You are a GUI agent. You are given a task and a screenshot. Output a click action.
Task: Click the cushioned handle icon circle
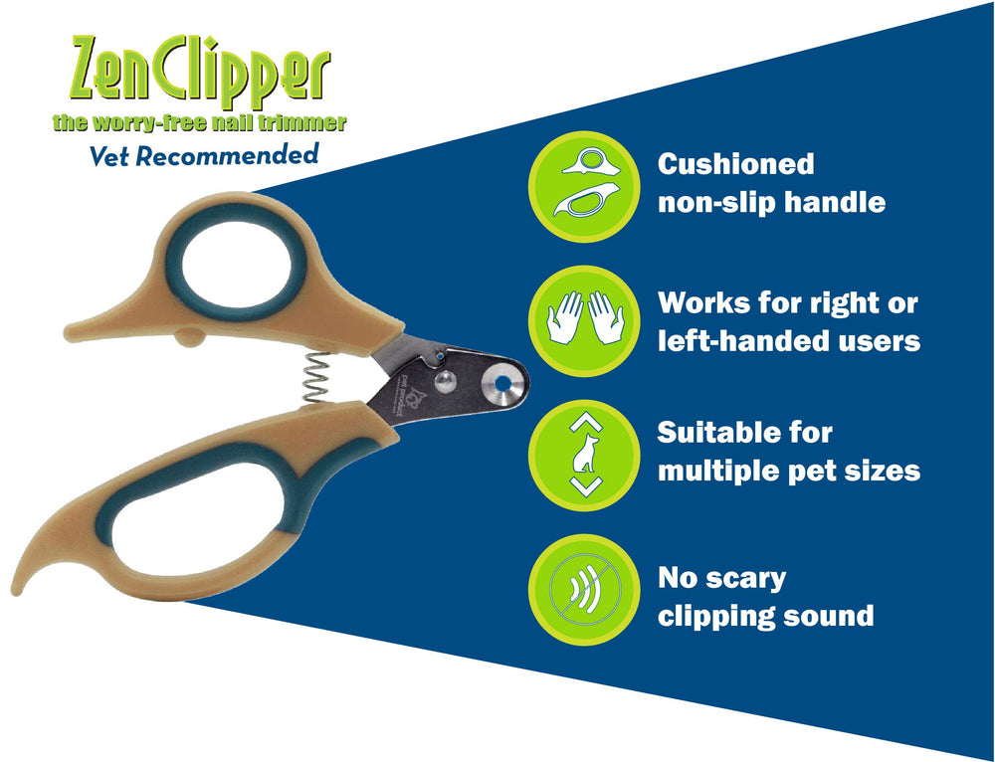pos(584,186)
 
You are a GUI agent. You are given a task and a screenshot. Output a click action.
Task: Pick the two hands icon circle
pos(584,320)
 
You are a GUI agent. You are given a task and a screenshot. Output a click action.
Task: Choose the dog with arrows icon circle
pos(584,453)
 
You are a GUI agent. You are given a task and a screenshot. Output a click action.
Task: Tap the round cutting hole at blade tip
pos(501,383)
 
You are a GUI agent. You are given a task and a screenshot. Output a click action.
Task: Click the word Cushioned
pos(735,164)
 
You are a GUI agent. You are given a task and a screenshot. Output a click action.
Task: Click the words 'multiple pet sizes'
pos(789,471)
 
